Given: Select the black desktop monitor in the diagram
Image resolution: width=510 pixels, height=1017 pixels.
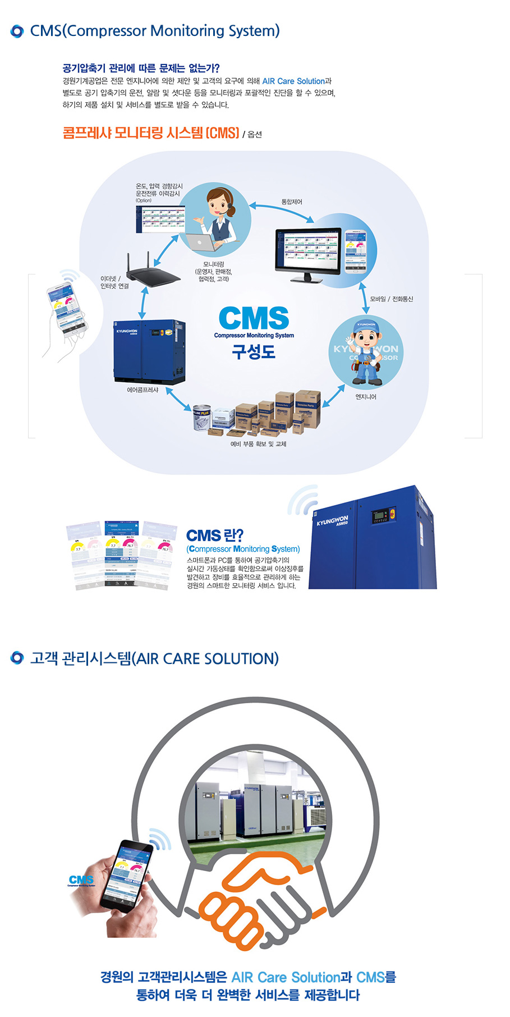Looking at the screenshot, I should [309, 254].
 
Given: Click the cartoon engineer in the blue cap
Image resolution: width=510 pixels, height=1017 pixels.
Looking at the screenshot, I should [366, 352].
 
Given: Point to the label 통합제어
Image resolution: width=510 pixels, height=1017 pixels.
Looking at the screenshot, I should [292, 202].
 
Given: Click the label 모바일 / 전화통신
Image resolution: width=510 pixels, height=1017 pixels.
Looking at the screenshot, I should [392, 299].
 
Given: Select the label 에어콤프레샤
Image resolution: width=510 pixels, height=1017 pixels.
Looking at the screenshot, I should [143, 390].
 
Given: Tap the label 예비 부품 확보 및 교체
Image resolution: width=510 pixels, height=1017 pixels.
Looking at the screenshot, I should [259, 444].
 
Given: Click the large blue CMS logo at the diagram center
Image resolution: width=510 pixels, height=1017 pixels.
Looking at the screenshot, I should [254, 318].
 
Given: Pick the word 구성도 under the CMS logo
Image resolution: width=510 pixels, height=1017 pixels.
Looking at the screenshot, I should [254, 352].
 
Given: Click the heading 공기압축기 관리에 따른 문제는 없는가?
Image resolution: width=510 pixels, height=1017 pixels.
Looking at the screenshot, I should [141, 68].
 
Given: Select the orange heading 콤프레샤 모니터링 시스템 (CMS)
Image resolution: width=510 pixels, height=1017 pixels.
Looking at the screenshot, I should [151, 133].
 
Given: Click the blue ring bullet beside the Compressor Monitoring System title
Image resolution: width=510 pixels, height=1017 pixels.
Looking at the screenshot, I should [17, 31].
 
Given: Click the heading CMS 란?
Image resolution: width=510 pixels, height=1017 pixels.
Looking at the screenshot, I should [215, 535].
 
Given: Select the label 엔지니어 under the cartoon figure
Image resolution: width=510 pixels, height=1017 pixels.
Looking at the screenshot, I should [366, 397].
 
